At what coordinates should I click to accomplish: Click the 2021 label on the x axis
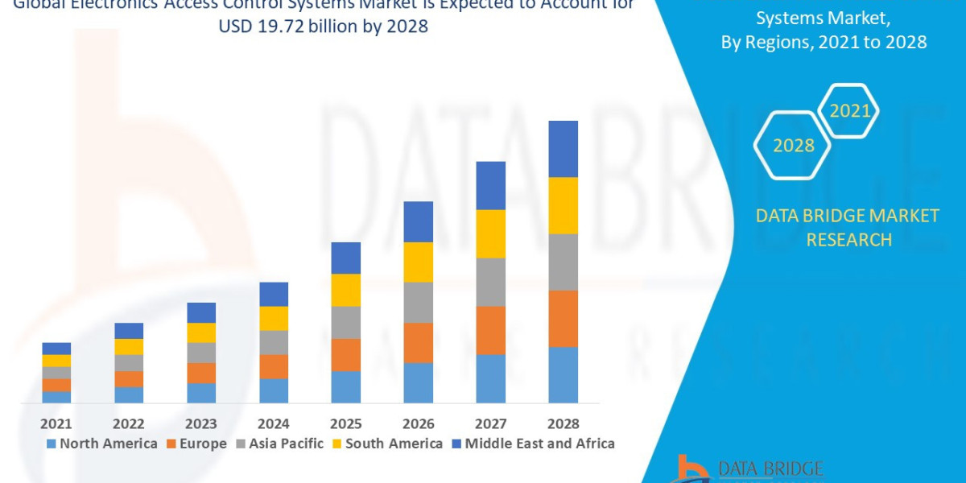tap(56, 423)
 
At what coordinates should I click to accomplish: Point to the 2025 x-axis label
tap(345, 423)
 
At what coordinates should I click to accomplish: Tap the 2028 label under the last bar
tap(563, 423)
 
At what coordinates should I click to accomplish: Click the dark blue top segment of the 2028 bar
tap(563, 149)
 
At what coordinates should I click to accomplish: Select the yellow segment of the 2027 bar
tap(490, 233)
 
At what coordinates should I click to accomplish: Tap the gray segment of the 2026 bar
tap(418, 303)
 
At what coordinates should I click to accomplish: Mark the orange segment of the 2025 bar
tap(345, 354)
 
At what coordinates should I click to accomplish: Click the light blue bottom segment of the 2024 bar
tap(274, 390)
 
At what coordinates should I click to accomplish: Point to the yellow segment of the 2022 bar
tap(129, 346)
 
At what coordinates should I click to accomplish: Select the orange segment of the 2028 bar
tap(563, 318)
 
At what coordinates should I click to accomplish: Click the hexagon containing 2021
tap(849, 111)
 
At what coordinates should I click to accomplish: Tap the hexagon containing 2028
tap(792, 146)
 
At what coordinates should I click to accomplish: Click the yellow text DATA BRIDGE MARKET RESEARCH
tap(848, 228)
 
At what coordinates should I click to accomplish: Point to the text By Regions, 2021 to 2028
tap(824, 43)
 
